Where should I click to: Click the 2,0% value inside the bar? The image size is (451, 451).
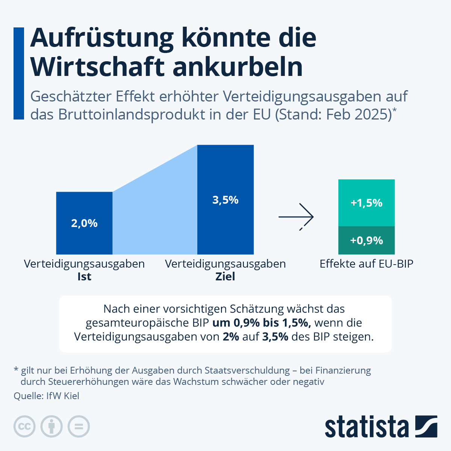(x=84, y=223)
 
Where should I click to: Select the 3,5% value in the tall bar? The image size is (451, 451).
(x=225, y=200)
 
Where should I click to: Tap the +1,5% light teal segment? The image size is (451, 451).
(x=366, y=203)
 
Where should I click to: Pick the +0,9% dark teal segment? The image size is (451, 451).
(x=366, y=240)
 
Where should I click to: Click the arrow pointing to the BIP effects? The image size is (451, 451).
(x=296, y=217)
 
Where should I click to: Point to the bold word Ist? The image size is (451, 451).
(x=84, y=277)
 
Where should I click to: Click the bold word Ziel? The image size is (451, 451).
(x=225, y=277)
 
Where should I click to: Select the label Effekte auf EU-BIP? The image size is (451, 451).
(x=366, y=264)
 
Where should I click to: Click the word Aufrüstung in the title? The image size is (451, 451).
(x=102, y=38)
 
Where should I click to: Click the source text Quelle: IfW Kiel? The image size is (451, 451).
(x=46, y=396)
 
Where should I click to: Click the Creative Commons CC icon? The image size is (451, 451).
(x=24, y=427)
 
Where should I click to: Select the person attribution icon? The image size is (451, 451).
(x=51, y=427)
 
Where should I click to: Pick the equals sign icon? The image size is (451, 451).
(x=79, y=427)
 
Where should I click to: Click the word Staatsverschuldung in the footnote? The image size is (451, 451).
(x=247, y=371)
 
